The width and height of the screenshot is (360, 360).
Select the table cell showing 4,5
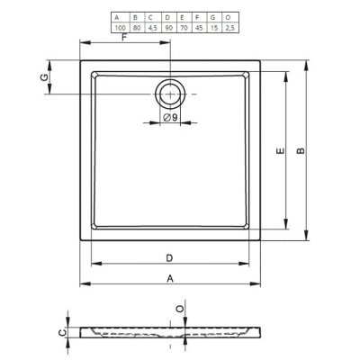coord(150,28)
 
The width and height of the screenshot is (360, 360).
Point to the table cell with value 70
coord(181,28)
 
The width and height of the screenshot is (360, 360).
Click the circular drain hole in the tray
coord(168,93)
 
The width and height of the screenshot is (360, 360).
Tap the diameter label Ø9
coord(168,118)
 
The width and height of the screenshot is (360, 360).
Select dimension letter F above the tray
coord(122,38)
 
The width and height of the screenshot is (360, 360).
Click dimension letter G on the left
coord(43,78)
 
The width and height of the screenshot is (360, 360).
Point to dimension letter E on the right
coord(280,153)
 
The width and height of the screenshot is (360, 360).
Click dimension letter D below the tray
coord(168,257)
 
